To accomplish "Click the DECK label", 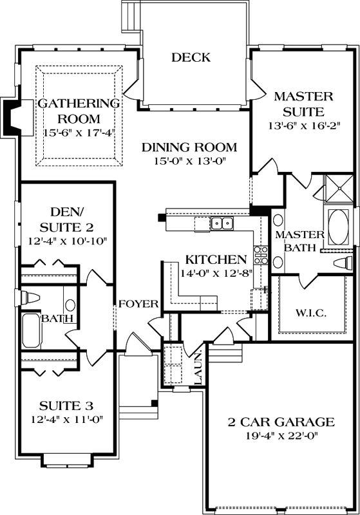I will coord(191,58).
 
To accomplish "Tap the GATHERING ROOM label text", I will coord(79,111).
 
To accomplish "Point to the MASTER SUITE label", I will coord(303,104).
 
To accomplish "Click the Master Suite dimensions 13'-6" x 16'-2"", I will coord(303,126).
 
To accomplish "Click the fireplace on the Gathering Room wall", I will coord(13,117).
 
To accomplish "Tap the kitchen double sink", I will coord(222,223).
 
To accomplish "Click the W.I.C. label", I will coord(312,313).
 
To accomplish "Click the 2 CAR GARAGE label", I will coord(281,422).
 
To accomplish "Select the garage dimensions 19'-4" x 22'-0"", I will coord(281,436).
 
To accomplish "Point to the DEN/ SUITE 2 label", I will coord(66,219).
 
